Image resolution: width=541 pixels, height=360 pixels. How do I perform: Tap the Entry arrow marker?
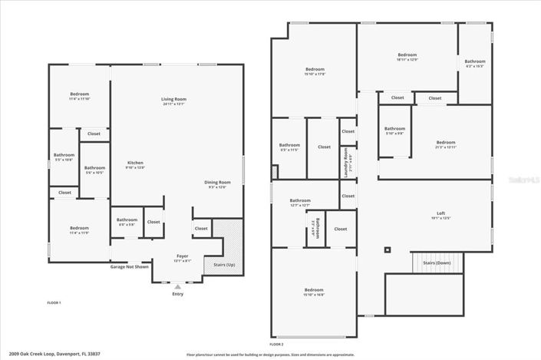pyautogui.click(x=178, y=286)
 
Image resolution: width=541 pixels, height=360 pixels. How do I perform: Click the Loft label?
pyautogui.click(x=440, y=215)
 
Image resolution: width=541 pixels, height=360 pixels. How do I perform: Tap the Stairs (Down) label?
pyautogui.click(x=437, y=262)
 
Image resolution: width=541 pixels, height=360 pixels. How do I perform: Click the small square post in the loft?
pyautogui.click(x=388, y=249)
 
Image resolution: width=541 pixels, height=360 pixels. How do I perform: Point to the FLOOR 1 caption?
pyautogui.click(x=54, y=302)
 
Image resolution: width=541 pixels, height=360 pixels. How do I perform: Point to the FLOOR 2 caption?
pyautogui.click(x=277, y=345)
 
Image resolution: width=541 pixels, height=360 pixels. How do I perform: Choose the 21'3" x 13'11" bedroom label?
pyautogui.click(x=445, y=144)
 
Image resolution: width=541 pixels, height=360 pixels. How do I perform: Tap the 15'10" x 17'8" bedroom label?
pyautogui.click(x=315, y=71)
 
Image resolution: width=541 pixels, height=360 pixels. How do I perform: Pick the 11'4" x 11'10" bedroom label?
pyautogui.click(x=79, y=96)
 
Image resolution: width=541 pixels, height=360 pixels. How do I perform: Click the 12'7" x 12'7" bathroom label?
pyautogui.click(x=300, y=202)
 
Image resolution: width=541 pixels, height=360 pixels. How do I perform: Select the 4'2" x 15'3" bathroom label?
pyautogui.click(x=474, y=63)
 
